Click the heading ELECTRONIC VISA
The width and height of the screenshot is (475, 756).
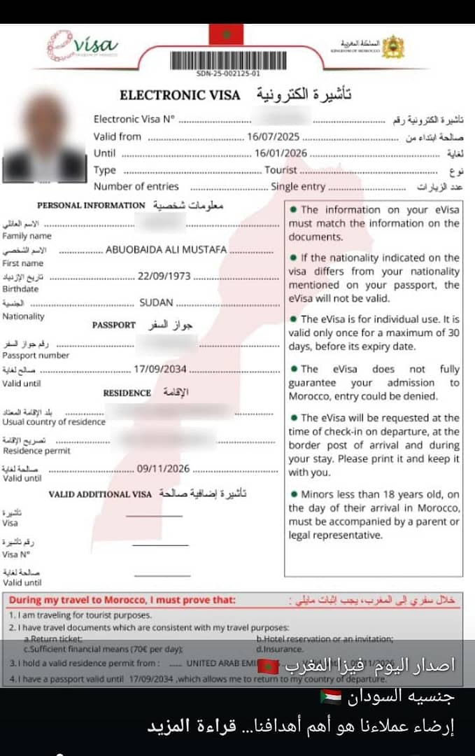click(180, 95)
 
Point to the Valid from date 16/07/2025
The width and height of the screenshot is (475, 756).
click(269, 136)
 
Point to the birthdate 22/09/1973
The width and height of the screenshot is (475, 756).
click(164, 276)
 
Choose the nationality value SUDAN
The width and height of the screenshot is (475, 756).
click(156, 303)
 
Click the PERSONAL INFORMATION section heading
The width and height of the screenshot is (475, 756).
click(90, 206)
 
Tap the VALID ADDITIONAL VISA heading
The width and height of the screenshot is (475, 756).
click(99, 494)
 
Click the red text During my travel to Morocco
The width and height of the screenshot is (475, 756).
click(122, 600)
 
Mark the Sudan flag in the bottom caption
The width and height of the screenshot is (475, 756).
click(331, 696)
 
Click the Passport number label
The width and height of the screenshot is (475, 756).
click(36, 356)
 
